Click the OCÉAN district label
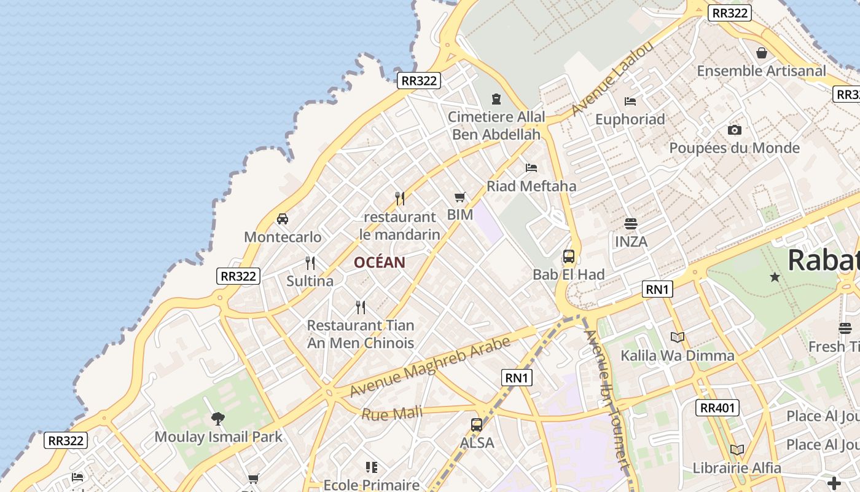click(379, 263)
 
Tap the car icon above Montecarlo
click(283, 218)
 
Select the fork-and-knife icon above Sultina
click(310, 263)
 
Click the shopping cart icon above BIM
click(460, 197)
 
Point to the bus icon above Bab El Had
click(569, 256)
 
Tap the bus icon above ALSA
click(477, 424)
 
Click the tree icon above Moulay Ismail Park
click(218, 419)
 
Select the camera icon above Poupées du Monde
click(734, 130)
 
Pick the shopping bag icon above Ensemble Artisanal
click(762, 53)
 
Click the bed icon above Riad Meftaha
click(531, 167)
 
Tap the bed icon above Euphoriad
click(630, 101)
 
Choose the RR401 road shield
click(717, 407)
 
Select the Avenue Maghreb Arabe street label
click(430, 367)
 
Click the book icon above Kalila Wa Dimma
click(678, 337)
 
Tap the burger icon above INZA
click(631, 223)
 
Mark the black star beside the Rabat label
click(775, 277)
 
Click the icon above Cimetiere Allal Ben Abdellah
click(496, 98)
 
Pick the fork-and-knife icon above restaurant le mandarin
click(400, 198)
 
